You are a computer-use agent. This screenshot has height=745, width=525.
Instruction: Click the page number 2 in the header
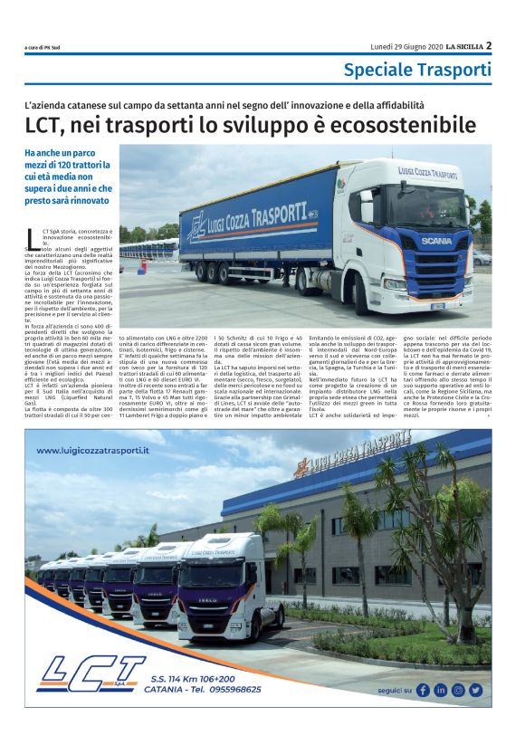(x=488, y=44)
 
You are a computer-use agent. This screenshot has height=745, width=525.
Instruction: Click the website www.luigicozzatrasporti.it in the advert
(x=93, y=450)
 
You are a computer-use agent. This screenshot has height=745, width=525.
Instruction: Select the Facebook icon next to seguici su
(x=422, y=690)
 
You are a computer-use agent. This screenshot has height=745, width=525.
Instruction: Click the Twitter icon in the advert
(x=475, y=690)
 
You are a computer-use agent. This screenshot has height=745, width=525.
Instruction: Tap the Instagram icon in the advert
(x=458, y=690)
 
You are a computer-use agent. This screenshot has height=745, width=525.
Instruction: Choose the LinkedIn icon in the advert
(x=440, y=690)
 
